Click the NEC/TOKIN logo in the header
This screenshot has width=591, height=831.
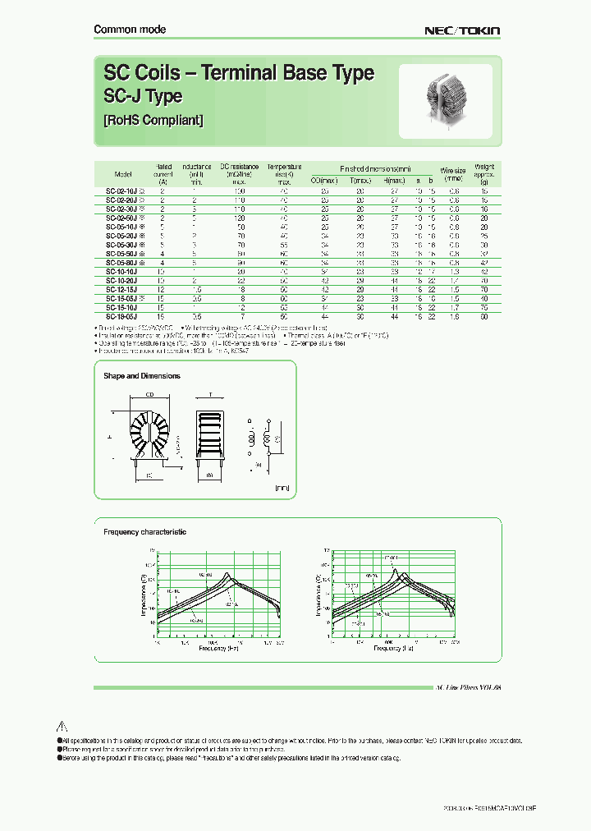point(461,30)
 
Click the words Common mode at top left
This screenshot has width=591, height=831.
point(130,30)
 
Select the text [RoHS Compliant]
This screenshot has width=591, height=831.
point(153,120)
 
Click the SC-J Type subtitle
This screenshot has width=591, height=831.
point(143,97)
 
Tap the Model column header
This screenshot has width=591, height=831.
point(123,174)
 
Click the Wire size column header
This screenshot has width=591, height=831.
point(453,174)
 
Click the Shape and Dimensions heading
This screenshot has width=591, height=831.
point(141,376)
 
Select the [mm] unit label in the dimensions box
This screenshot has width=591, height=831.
point(282,488)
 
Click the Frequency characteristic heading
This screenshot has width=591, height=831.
point(144,532)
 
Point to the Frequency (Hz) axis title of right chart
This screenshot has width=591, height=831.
point(386,649)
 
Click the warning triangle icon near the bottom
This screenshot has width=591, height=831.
point(60,726)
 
